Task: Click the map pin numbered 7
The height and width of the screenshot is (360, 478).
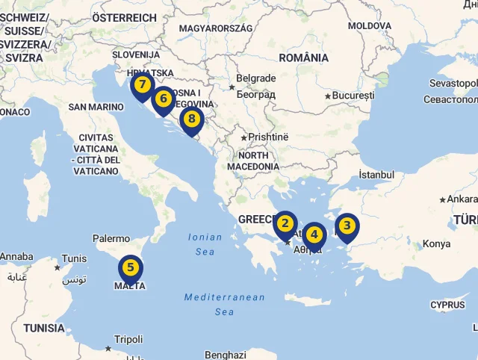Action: tap(141, 85)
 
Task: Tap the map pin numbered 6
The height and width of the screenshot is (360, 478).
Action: tap(163, 99)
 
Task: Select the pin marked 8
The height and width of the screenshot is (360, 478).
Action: tap(192, 118)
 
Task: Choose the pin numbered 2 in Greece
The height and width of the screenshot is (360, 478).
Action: tap(285, 223)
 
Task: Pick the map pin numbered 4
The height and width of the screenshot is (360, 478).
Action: tap(314, 235)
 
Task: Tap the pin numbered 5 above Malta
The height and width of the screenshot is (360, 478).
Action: tap(131, 267)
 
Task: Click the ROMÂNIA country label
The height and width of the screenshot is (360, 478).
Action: tap(303, 58)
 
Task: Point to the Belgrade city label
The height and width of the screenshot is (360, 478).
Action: tap(255, 78)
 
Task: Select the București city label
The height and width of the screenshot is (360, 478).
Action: tap(353, 96)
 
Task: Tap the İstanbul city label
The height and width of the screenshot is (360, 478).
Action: tap(376, 174)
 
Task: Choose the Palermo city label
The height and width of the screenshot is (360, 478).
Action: tap(111, 238)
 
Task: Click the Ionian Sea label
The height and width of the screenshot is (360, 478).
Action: tap(205, 244)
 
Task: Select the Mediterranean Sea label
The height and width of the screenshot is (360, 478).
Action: tap(224, 304)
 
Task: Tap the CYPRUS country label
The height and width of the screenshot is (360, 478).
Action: tap(447, 305)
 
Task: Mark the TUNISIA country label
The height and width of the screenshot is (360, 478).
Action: tap(43, 328)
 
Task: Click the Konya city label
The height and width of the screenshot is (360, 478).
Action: tap(436, 243)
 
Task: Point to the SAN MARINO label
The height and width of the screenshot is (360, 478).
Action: tap(96, 107)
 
